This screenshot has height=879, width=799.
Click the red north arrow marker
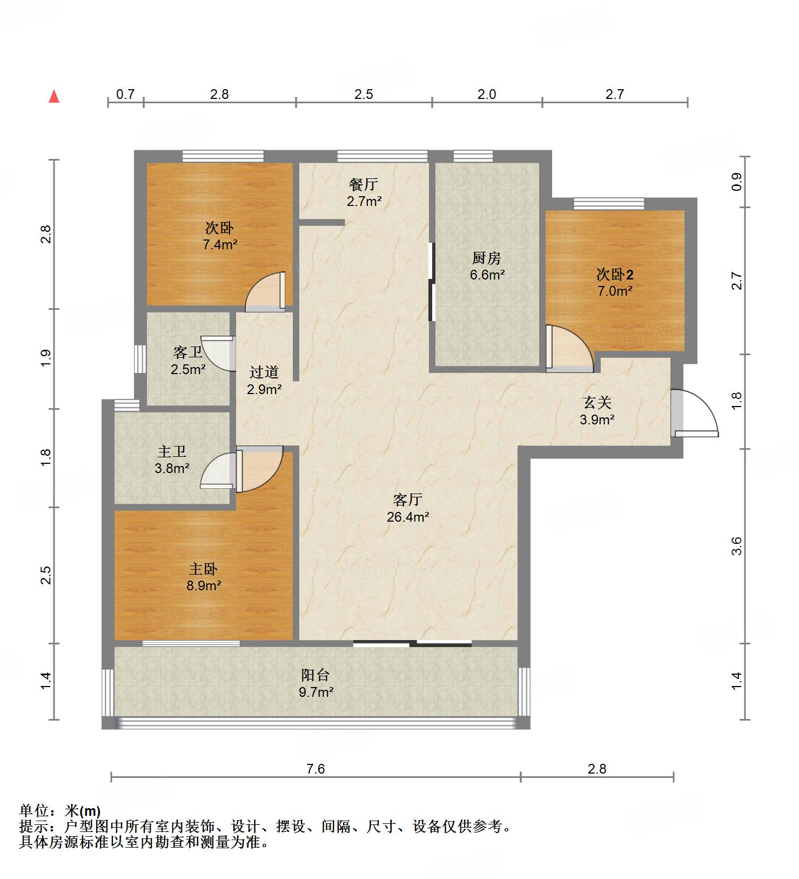(x=54, y=97)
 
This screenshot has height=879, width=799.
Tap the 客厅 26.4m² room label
(x=408, y=508)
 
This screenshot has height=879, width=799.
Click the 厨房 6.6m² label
(x=487, y=266)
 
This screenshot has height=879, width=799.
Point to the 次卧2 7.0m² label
(x=615, y=282)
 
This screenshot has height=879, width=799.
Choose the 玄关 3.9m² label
(x=597, y=411)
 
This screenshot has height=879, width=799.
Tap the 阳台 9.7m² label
(x=316, y=683)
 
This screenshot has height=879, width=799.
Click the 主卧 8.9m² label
(x=204, y=577)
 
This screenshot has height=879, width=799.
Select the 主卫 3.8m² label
(x=172, y=460)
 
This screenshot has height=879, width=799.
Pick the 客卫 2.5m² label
(x=188, y=361)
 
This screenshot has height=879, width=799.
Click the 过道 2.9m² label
(x=264, y=380)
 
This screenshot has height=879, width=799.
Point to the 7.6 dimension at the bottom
(x=315, y=769)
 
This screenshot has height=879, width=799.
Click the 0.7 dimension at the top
(x=125, y=94)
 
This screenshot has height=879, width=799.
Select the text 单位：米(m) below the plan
(x=59, y=811)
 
